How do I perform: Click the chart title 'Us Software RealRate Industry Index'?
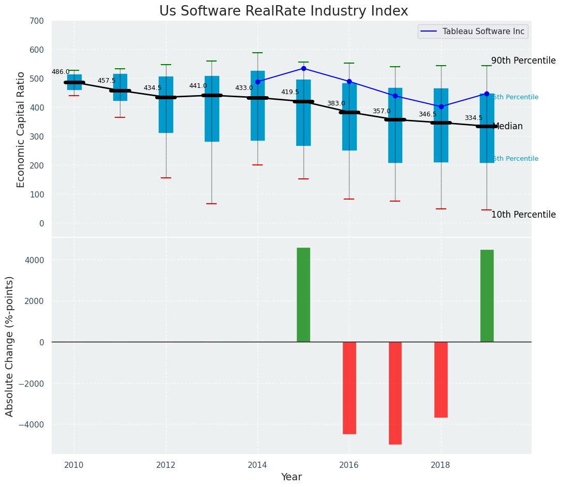pyautogui.click(x=283, y=11)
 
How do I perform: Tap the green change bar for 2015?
pyautogui.click(x=304, y=295)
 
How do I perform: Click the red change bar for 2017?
pyautogui.click(x=395, y=393)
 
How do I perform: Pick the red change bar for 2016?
pyautogui.click(x=350, y=388)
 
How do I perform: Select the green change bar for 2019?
pyautogui.click(x=487, y=296)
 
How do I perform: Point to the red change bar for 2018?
pyautogui.click(x=441, y=379)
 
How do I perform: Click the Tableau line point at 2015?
pyautogui.click(x=304, y=68)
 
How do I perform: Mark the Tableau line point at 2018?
pyautogui.click(x=441, y=107)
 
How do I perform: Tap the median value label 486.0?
pyautogui.click(x=60, y=72)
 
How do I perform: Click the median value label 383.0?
pyautogui.click(x=336, y=103)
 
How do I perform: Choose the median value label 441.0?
pyautogui.click(x=198, y=86)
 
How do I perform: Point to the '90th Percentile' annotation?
pyautogui.click(x=523, y=60)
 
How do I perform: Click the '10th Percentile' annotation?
pyautogui.click(x=523, y=215)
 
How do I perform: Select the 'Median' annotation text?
pyautogui.click(x=508, y=126)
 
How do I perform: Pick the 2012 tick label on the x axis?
pyautogui.click(x=166, y=465)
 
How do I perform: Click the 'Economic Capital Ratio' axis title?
pyautogui.click(x=21, y=129)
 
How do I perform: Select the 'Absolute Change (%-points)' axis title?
pyautogui.click(x=10, y=346)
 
